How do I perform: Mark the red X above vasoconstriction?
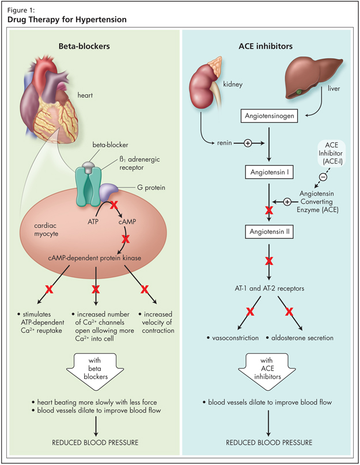point(250,312)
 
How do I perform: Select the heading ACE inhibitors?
point(268,45)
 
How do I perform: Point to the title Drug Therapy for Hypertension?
point(67,20)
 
